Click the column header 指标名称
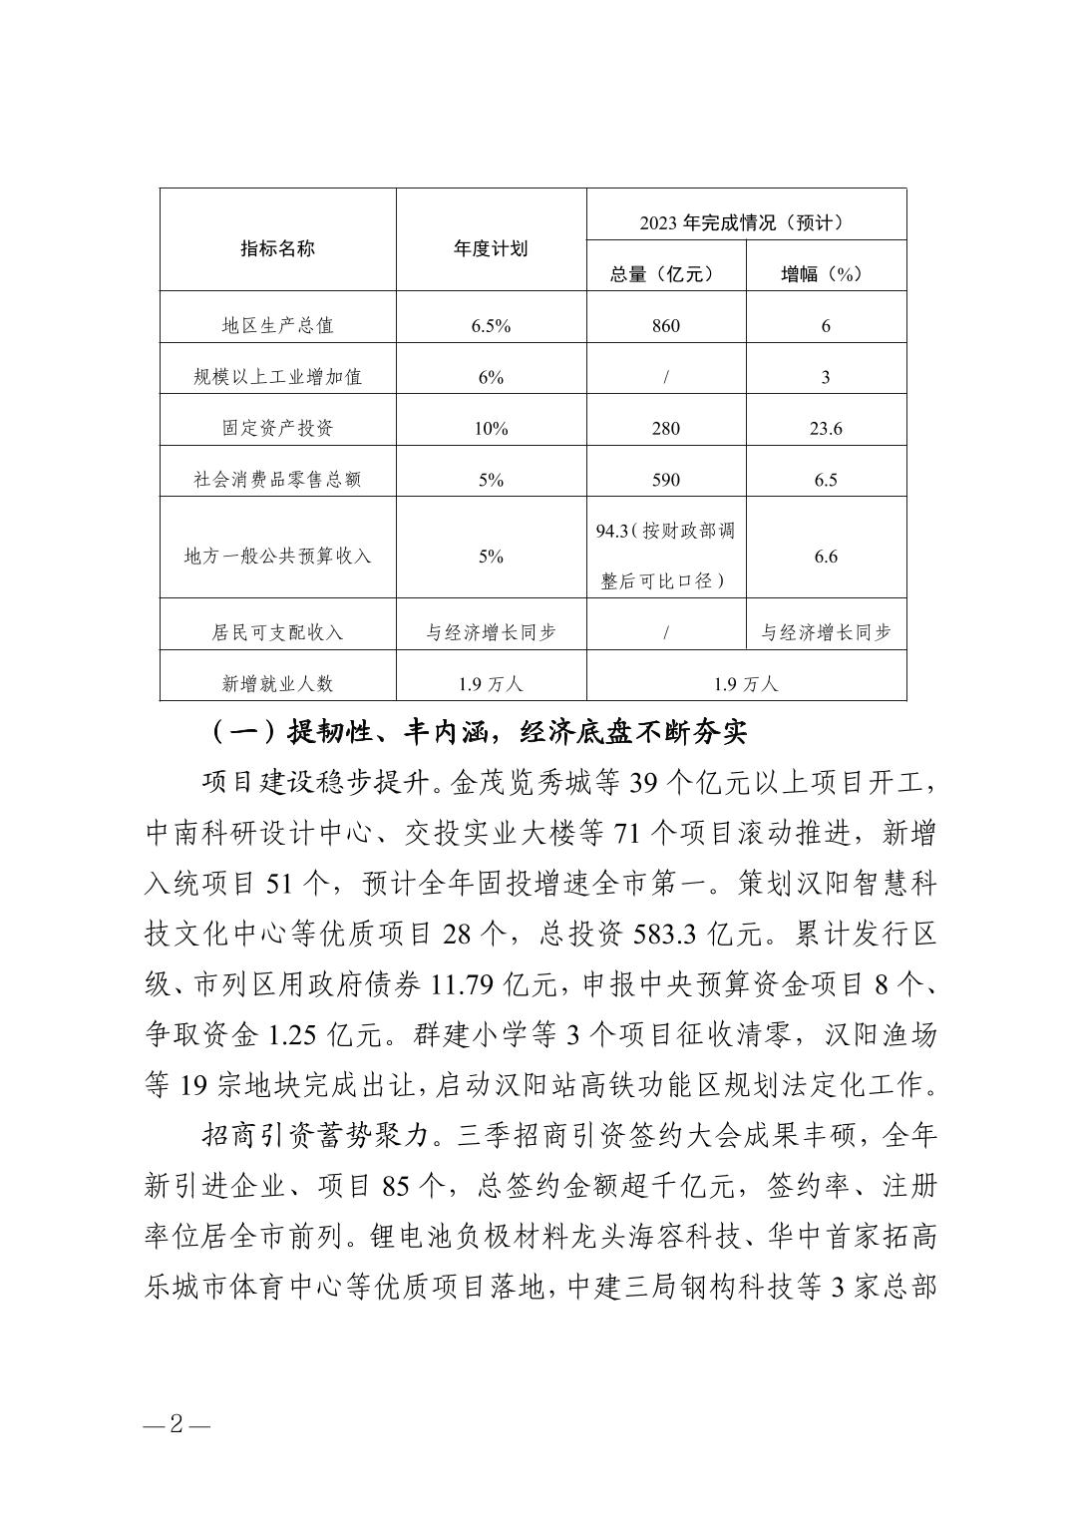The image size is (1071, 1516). click(x=277, y=248)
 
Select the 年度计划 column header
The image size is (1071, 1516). click(x=491, y=248)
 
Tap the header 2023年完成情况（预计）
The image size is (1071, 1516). click(x=746, y=222)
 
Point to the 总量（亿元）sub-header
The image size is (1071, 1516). click(x=665, y=274)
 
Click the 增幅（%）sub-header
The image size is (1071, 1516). click(x=826, y=274)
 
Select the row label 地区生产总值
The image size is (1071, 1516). click(x=277, y=326)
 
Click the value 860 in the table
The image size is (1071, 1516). click(x=665, y=326)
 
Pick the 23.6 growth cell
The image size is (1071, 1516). click(x=826, y=429)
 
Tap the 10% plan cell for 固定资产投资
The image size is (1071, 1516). click(x=491, y=429)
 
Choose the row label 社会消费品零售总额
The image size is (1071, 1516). click(x=277, y=480)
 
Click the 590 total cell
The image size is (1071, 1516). click(x=665, y=480)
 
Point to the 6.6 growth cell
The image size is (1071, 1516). click(x=826, y=557)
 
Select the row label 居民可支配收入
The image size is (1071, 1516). click(x=277, y=632)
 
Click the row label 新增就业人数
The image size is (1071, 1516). click(x=277, y=684)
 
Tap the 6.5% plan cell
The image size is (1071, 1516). click(x=491, y=326)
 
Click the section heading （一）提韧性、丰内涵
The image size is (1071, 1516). click(x=479, y=733)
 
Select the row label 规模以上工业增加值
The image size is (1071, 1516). click(x=277, y=377)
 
